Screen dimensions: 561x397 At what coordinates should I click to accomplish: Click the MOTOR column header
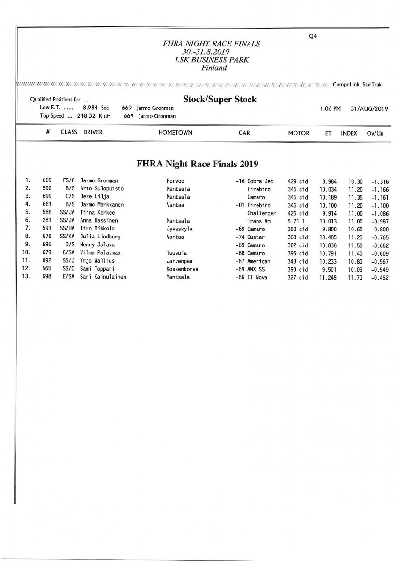299,133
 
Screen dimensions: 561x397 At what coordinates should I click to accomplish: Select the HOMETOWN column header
176,133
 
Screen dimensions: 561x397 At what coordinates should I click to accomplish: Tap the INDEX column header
349,133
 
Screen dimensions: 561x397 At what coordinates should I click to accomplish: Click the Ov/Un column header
375,133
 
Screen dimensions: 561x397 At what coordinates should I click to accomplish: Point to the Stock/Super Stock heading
220,100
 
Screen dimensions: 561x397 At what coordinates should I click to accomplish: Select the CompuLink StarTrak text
357,85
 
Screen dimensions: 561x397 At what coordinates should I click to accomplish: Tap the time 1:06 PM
331,108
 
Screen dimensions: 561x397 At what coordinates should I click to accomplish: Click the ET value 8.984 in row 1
329,181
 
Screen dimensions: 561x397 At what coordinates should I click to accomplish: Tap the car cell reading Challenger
261,213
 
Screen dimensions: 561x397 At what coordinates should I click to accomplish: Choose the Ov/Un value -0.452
380,277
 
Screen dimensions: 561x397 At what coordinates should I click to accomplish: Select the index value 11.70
355,277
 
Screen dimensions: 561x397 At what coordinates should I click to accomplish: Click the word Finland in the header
214,68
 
